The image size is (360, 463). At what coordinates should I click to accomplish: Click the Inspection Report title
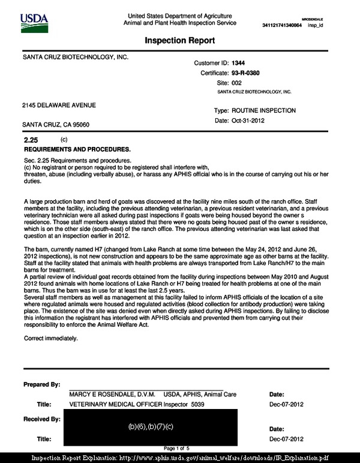click(x=180, y=41)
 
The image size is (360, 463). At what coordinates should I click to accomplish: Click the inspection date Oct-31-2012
click(x=248, y=121)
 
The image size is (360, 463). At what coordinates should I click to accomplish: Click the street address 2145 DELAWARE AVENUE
click(x=59, y=106)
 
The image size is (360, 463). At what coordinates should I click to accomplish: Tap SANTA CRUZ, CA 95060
click(x=56, y=125)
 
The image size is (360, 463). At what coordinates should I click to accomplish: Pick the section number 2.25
click(x=30, y=140)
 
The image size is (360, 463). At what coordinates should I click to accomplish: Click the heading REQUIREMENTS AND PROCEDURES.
click(x=77, y=148)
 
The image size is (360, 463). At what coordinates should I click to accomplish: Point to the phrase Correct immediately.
click(x=51, y=338)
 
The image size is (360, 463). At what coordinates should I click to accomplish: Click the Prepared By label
click(x=41, y=384)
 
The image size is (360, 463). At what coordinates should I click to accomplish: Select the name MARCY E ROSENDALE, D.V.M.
click(x=113, y=395)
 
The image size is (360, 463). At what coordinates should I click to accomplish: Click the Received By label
click(x=41, y=417)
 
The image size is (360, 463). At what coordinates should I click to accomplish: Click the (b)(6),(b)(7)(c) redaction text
click(x=151, y=426)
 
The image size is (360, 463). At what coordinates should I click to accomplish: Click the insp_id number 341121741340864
click(x=282, y=25)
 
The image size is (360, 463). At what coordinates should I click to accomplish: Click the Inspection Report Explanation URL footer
click(x=180, y=457)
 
